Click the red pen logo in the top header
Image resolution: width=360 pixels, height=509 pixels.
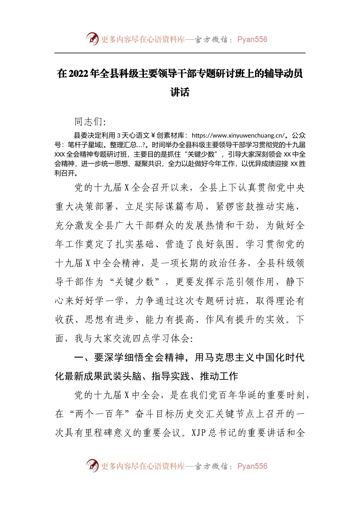point(92,39)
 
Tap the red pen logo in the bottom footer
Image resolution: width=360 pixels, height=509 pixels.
point(92,465)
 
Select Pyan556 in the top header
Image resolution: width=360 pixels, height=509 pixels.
point(252,39)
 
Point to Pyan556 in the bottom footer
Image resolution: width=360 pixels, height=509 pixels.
point(252,466)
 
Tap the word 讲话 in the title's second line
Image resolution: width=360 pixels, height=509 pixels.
point(180,92)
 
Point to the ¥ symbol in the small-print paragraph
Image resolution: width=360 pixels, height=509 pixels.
point(153,136)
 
